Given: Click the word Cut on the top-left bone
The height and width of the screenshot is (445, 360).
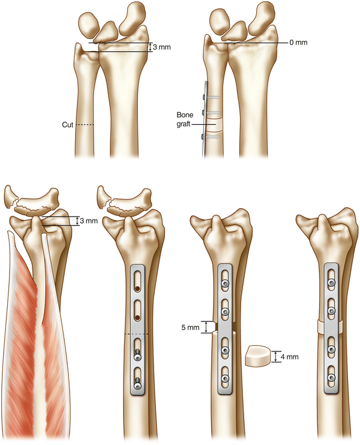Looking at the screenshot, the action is click(x=67, y=125).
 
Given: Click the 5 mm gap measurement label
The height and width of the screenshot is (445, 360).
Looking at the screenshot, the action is click(x=190, y=327).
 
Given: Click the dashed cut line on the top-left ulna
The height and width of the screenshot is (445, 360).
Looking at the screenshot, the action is click(x=86, y=125).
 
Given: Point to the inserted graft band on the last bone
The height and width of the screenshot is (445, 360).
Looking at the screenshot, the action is click(x=329, y=327).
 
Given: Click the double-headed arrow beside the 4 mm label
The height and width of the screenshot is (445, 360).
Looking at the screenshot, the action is click(x=275, y=357).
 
